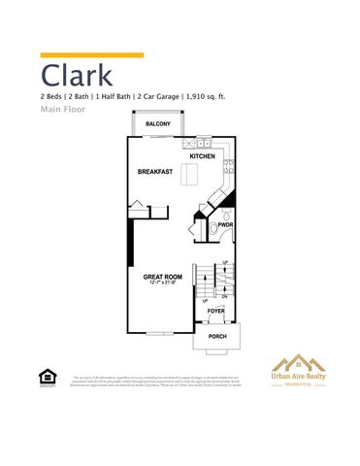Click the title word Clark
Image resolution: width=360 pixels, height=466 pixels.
(x=77, y=76)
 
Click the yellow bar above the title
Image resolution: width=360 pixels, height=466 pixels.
(x=91, y=55)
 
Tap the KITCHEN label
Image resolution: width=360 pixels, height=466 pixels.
(x=202, y=156)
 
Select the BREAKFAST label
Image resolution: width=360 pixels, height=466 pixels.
(x=155, y=172)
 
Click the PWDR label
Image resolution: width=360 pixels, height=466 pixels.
(x=225, y=224)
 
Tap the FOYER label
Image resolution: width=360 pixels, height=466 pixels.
(x=215, y=311)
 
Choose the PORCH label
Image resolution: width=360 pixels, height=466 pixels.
(x=216, y=337)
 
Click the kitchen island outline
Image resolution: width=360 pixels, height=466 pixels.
(x=192, y=175)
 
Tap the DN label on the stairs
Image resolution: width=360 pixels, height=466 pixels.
(x=225, y=297)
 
